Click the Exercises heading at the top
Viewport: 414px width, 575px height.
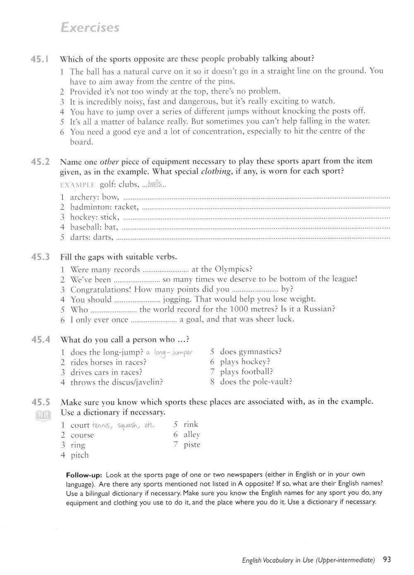(89, 28)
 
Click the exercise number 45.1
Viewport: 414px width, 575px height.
(40, 59)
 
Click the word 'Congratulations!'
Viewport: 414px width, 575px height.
(101, 290)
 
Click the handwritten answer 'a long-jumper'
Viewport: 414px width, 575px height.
(169, 353)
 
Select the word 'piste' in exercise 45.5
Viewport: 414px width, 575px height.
(192, 445)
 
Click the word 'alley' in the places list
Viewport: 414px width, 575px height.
(192, 435)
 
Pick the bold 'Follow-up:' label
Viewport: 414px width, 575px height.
(84, 474)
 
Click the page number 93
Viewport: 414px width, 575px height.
(387, 560)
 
